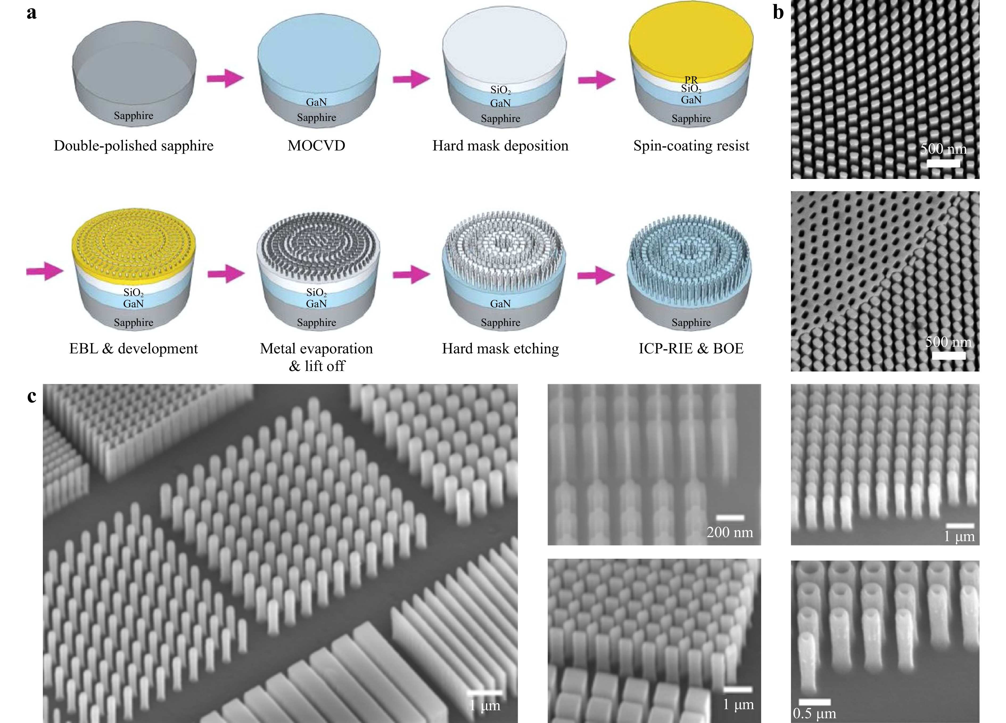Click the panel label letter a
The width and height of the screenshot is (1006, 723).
(x=31, y=13)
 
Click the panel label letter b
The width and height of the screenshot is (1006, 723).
(x=778, y=13)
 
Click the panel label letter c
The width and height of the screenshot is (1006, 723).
(x=31, y=396)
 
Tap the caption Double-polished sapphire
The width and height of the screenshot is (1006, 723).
(x=134, y=146)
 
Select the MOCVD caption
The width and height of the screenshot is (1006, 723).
(x=316, y=146)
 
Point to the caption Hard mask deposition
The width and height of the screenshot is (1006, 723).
(x=500, y=146)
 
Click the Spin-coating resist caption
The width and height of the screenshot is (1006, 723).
(x=691, y=146)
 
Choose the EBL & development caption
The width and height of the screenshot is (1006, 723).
(x=134, y=349)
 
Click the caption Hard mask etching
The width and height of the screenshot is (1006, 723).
(x=500, y=349)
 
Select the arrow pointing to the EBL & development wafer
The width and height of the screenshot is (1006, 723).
(x=45, y=271)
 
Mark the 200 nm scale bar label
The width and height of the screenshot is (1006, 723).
(x=730, y=532)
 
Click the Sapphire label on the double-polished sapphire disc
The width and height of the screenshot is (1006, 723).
(x=134, y=116)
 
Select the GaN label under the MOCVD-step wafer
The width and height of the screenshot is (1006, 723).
(x=316, y=103)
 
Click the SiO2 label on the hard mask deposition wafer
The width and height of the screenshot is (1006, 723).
(x=500, y=90)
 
